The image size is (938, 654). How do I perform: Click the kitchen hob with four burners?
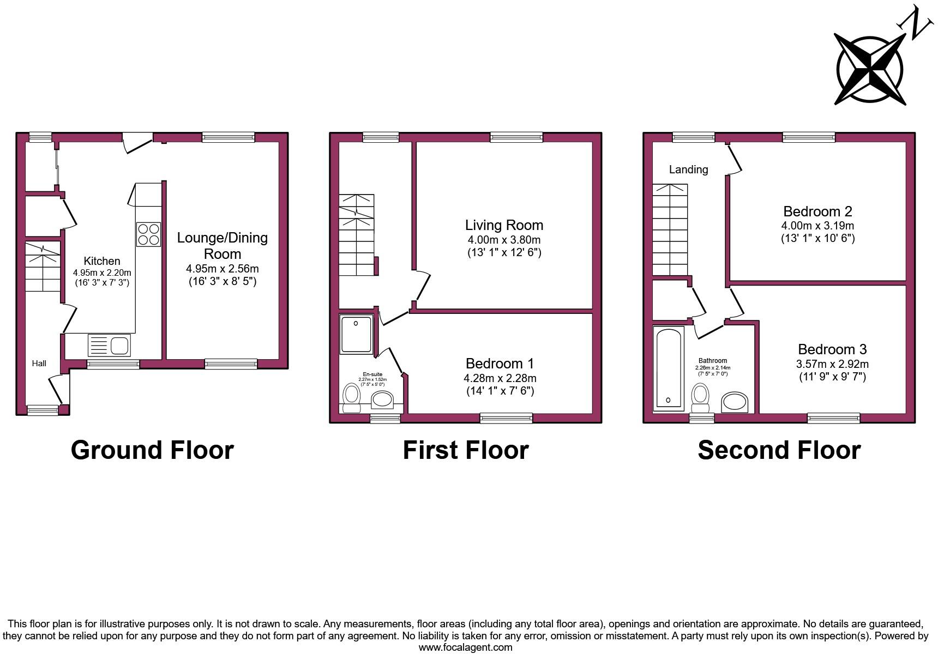[x=148, y=234]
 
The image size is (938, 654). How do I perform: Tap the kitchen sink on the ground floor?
[x=109, y=345]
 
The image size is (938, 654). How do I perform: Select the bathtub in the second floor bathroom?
[x=669, y=368]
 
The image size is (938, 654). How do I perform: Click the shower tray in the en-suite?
[x=356, y=333]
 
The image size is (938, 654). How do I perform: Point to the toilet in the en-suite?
[x=352, y=398]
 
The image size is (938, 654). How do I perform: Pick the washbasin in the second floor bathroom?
[x=734, y=402]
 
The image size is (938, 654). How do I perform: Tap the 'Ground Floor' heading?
[x=152, y=450]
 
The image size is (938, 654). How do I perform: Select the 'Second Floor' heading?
[x=779, y=450]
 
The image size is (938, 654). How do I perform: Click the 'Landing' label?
[x=688, y=169]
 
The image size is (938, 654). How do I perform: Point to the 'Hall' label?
[x=39, y=364]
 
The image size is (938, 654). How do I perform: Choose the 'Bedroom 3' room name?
[x=832, y=349]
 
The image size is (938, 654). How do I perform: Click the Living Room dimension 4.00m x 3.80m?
[x=504, y=240]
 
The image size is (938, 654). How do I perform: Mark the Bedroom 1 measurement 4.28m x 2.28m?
[x=500, y=378]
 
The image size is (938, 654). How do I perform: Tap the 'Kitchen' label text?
[x=102, y=261]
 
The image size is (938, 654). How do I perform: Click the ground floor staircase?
[x=43, y=267]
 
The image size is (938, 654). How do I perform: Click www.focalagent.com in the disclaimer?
[x=465, y=647]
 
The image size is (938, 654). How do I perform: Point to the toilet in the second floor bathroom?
[x=700, y=398]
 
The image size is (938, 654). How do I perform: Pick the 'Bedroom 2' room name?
[x=817, y=211]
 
